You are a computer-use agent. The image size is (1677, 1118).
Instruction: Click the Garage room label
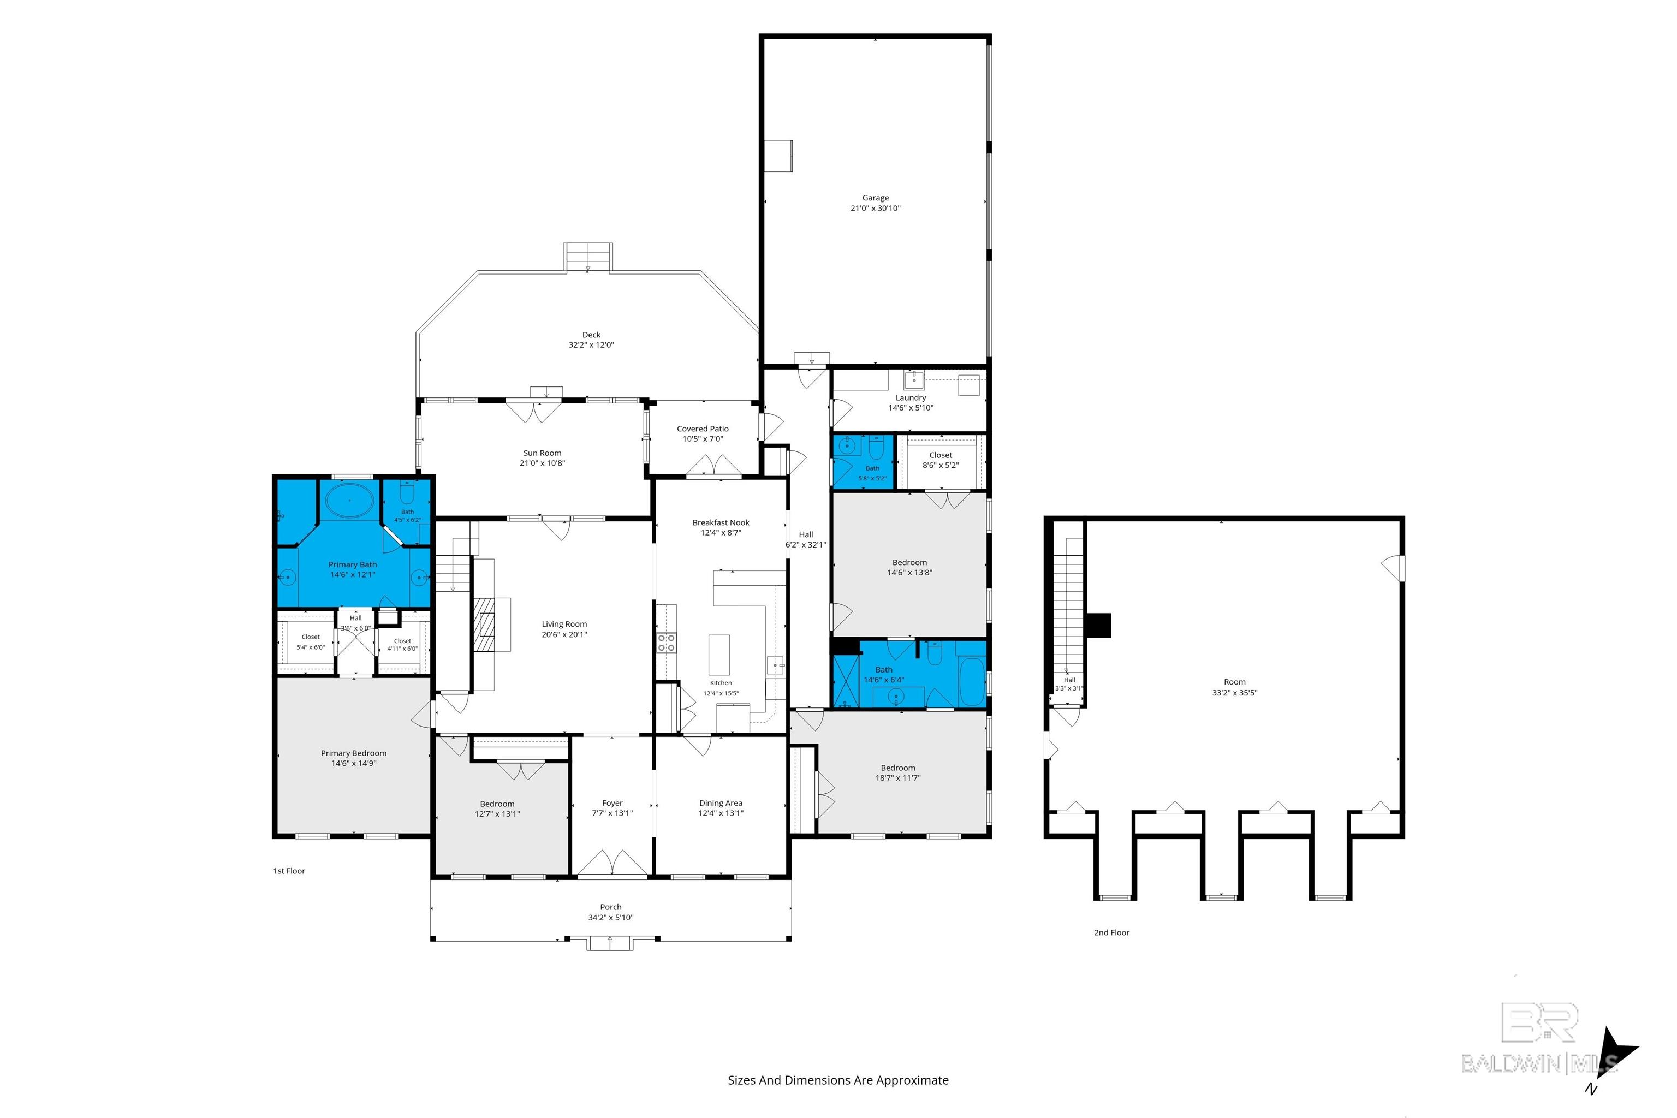(x=875, y=198)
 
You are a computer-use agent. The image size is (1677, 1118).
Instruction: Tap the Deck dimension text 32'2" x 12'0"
(x=591, y=345)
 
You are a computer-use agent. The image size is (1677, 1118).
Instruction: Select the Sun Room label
(x=542, y=453)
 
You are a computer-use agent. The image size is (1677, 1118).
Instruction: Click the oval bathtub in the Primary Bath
(x=349, y=501)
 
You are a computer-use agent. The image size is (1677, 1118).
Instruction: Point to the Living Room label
(x=564, y=624)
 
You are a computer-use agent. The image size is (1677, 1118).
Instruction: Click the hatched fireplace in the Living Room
(x=486, y=625)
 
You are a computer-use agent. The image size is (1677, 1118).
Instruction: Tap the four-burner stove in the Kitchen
(x=666, y=643)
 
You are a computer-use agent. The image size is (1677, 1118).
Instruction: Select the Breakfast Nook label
(x=721, y=522)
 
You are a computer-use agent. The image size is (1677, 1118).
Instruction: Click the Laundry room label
(x=911, y=398)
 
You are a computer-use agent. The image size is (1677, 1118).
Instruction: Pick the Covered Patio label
(x=703, y=429)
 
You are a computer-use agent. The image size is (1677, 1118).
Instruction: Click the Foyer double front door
(x=612, y=862)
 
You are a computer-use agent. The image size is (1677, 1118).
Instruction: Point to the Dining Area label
(x=721, y=803)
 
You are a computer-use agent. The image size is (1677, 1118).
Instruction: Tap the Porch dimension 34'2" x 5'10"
(x=610, y=918)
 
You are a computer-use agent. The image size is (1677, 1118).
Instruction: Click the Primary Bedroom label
(x=354, y=753)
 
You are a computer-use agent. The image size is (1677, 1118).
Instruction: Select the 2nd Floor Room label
(x=1234, y=682)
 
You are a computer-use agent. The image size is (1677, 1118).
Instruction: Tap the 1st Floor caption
(x=289, y=871)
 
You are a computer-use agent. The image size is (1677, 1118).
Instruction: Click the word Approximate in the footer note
(x=912, y=1080)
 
